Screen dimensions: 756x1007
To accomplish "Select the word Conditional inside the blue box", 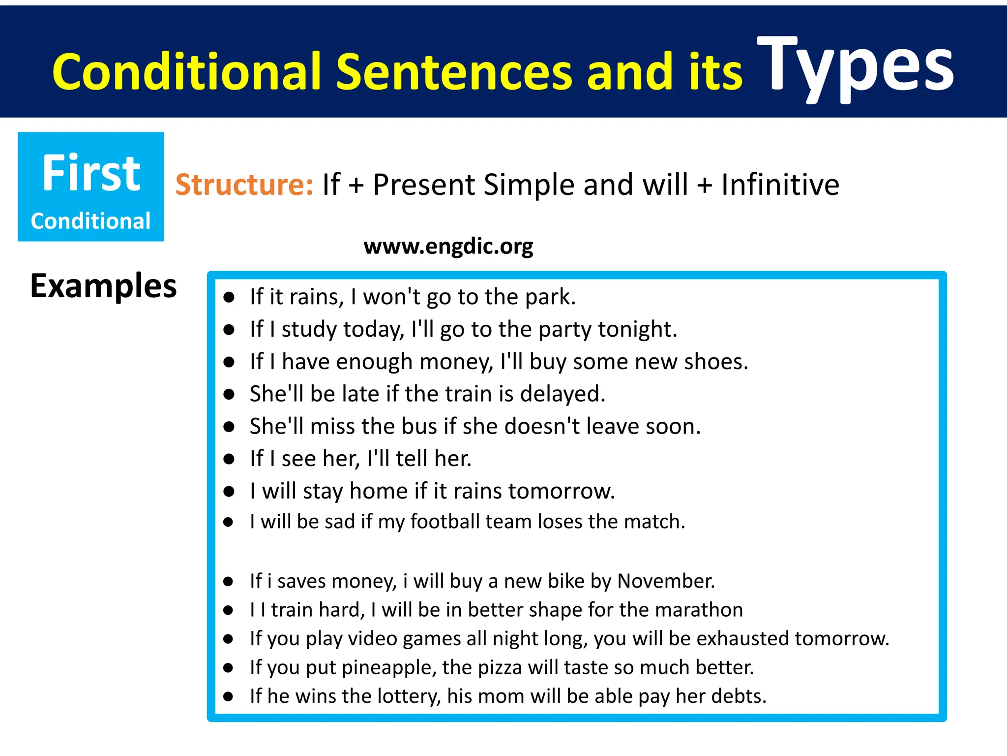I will coord(90,221).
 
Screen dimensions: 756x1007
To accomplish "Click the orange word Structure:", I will coord(244,185).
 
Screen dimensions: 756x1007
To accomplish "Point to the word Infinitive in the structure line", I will coord(780,185).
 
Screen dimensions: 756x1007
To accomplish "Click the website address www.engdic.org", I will coord(448,246).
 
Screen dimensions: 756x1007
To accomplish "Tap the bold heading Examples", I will coord(103,286).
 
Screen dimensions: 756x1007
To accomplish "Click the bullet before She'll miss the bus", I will coord(229,427).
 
